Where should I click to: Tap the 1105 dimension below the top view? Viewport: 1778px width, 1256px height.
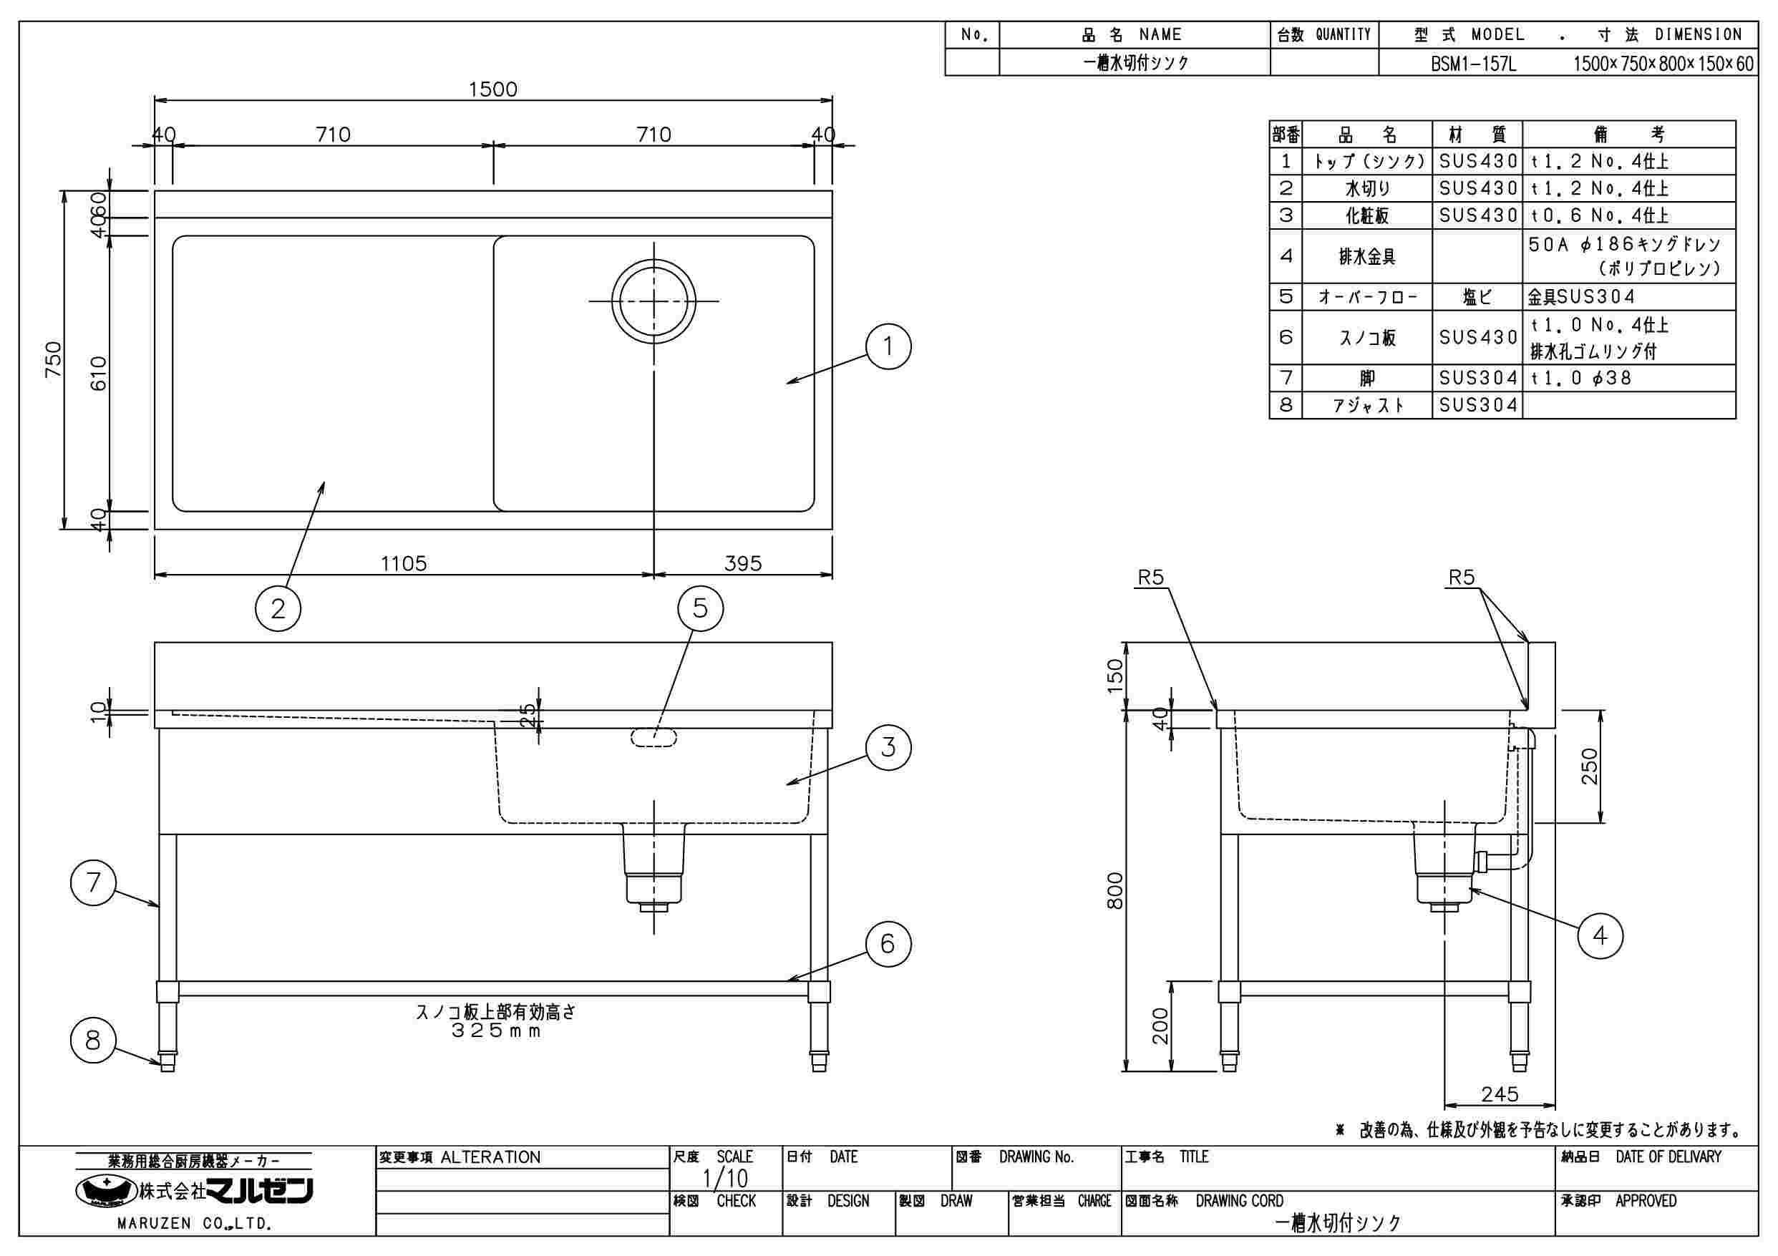404,563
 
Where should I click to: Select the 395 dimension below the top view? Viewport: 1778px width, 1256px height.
743,563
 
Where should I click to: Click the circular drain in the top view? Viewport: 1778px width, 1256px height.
654,301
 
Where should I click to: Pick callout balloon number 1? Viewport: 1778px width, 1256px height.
888,346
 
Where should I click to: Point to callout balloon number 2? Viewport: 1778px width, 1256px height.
278,610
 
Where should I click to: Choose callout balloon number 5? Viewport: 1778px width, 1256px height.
700,608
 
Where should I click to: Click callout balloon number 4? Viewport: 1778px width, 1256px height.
1600,936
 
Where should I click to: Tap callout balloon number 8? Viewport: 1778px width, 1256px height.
93,1040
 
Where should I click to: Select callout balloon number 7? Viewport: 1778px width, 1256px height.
93,882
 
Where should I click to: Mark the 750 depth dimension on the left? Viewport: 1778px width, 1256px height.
53,359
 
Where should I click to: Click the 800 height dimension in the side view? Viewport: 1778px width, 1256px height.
1115,890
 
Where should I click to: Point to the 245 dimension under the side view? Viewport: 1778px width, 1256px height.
1500,1094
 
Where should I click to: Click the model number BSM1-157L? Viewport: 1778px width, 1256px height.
1473,64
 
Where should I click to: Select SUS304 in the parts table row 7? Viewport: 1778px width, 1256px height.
1477,378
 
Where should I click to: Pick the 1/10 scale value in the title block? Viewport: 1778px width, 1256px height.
725,1179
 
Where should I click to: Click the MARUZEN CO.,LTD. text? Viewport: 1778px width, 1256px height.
193,1225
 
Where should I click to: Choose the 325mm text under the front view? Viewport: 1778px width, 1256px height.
496,1031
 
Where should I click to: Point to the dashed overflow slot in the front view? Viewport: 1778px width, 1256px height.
654,738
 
